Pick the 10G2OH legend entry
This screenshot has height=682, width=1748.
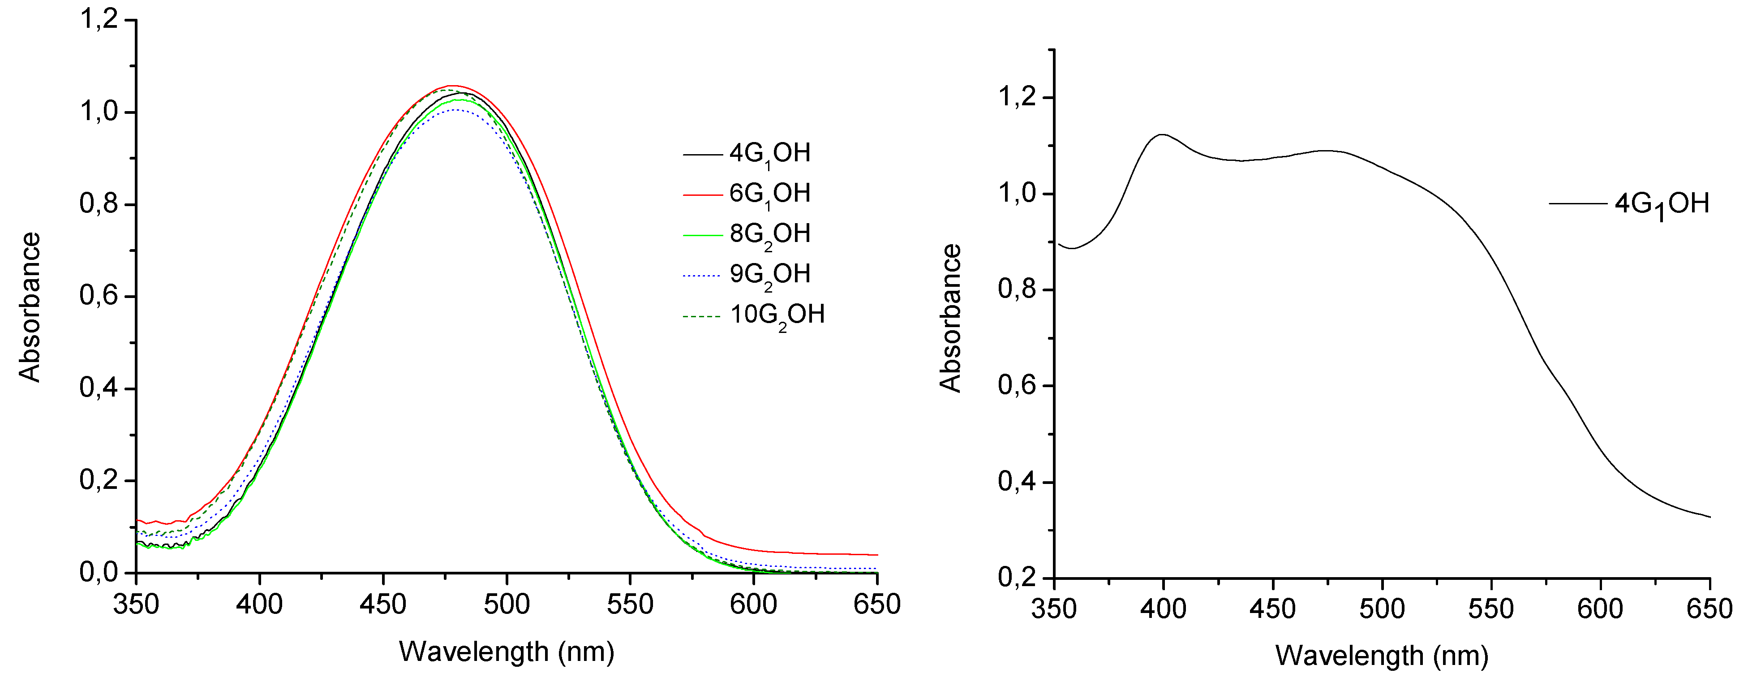coord(777,315)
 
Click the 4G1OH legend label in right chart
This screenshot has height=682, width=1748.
coord(1661,203)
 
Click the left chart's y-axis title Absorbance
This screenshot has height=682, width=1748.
coord(30,307)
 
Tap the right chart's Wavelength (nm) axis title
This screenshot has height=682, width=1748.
coord(1382,656)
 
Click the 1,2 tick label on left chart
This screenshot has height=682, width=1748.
coord(99,19)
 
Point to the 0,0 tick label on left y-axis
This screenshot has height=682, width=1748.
coord(99,572)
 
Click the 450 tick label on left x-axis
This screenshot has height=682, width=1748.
coord(383,604)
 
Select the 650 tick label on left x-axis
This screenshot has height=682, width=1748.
coord(877,604)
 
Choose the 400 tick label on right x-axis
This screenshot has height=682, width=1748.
coord(1163,609)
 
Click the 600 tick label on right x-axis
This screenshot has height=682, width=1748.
coord(1600,609)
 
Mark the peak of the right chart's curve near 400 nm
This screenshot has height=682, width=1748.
coord(1162,134)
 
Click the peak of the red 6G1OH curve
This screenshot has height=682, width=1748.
coord(453,86)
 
